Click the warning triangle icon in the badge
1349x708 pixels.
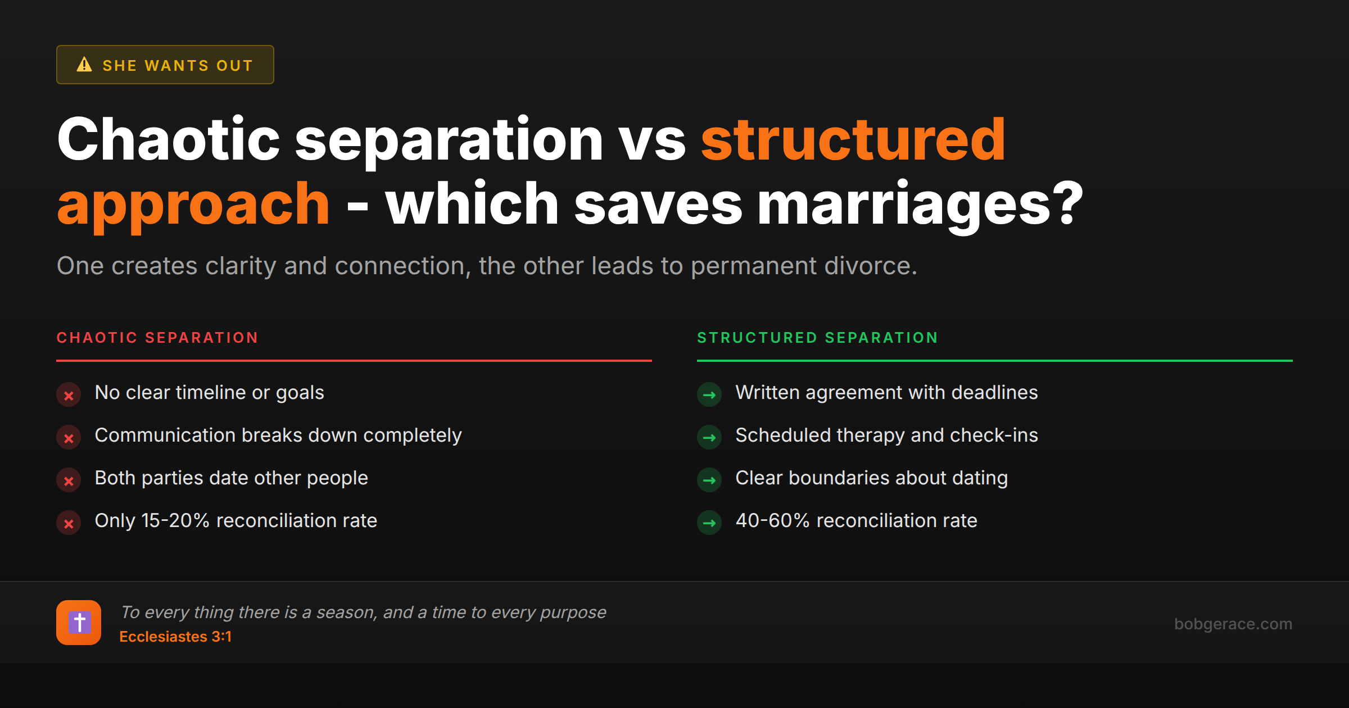point(84,65)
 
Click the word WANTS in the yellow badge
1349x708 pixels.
point(176,66)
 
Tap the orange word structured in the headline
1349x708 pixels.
point(852,140)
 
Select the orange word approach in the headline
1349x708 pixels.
point(193,205)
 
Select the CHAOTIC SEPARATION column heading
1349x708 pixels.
point(157,338)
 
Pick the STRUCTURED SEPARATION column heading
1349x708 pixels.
point(817,338)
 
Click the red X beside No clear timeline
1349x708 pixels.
point(69,395)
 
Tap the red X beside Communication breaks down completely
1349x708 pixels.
point(69,438)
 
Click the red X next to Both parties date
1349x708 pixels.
point(69,480)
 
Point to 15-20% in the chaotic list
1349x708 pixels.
point(175,521)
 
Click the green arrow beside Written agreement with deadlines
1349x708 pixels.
point(709,395)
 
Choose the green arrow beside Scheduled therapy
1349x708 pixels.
point(709,438)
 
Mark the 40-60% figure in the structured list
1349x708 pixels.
point(772,521)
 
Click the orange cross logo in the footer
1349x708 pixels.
point(79,623)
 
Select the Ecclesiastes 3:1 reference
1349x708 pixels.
point(175,637)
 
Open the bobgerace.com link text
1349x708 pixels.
point(1233,624)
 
